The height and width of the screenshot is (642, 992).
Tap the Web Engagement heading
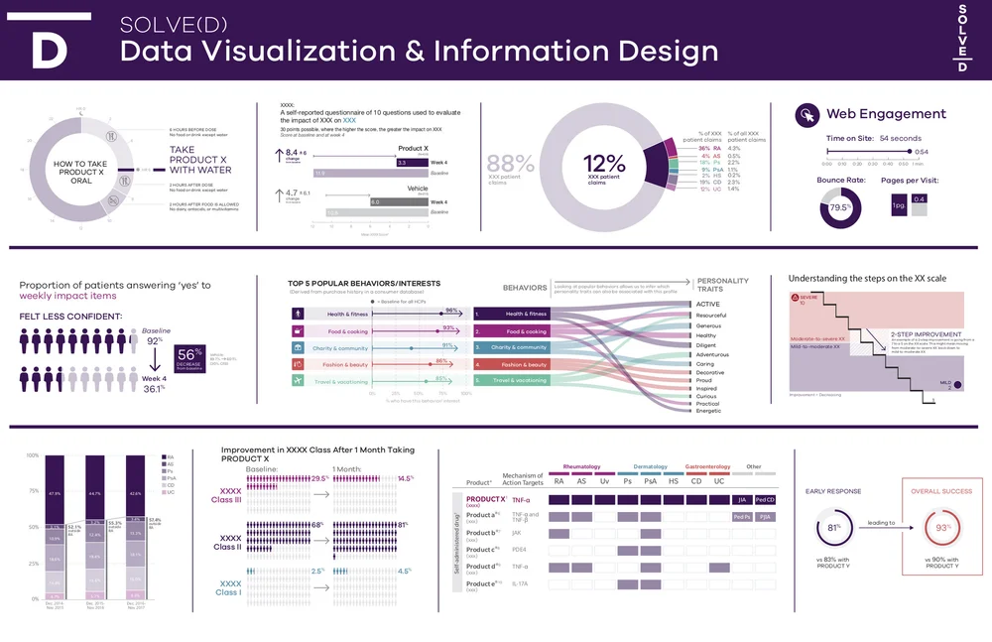[x=886, y=114]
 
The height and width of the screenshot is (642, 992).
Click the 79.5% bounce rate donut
[x=838, y=207]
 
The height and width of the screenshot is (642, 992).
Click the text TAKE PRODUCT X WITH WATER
[x=200, y=160]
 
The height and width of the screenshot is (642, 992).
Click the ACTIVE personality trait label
[x=708, y=305]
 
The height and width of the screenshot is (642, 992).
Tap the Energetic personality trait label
[x=710, y=411]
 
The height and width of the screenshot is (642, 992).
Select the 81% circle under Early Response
[x=831, y=528]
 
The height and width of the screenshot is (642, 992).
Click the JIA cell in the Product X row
[x=741, y=499]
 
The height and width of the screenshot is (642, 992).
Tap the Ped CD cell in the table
[x=765, y=499]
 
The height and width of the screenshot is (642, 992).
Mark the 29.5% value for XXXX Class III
[x=318, y=478]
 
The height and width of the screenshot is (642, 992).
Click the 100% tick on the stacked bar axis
[x=31, y=455]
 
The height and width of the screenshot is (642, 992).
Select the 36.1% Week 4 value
[x=153, y=389]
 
